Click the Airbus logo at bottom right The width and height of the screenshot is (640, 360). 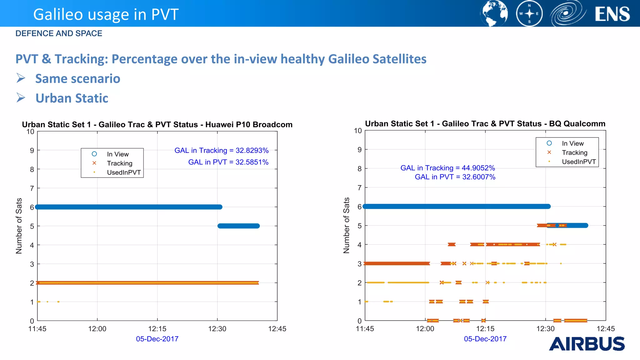click(x=587, y=344)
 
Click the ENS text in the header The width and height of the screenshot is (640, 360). click(x=612, y=14)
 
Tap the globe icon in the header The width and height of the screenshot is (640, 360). click(x=494, y=13)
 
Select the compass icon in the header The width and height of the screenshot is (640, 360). click(x=529, y=13)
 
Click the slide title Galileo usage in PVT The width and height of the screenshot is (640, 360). click(x=106, y=14)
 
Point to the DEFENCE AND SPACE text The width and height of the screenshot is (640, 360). click(x=59, y=33)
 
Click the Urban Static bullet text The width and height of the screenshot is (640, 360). click(x=72, y=98)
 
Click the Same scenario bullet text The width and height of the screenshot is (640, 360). click(x=77, y=78)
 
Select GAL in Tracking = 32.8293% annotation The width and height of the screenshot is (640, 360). click(x=221, y=150)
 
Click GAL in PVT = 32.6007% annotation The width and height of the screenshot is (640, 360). click(x=455, y=177)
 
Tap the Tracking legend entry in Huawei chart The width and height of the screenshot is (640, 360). click(x=119, y=163)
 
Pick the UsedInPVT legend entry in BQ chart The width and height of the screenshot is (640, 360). click(x=578, y=162)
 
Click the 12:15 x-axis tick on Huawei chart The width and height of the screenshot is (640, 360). click(x=157, y=329)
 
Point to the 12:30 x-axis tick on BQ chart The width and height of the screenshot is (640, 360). click(x=545, y=329)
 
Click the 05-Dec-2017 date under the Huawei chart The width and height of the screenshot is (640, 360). click(x=157, y=339)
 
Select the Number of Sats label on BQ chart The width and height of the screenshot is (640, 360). click(x=346, y=225)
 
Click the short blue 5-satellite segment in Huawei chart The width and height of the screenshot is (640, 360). click(x=239, y=226)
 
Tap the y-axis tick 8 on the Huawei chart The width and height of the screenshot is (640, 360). click(x=32, y=169)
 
